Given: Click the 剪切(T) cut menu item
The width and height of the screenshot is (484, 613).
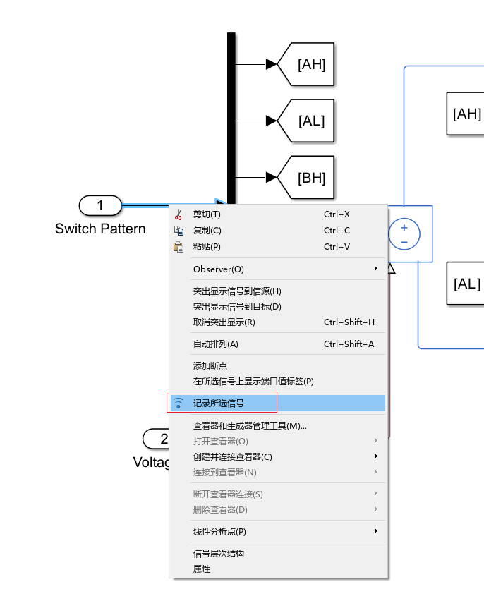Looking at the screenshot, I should click(207, 214).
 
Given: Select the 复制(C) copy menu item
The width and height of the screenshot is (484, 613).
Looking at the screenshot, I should click(207, 231).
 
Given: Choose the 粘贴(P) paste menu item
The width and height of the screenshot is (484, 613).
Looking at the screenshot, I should click(207, 247).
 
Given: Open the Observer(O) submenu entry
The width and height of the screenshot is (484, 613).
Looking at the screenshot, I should click(219, 269).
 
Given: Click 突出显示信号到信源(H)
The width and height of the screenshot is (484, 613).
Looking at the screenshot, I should click(237, 291).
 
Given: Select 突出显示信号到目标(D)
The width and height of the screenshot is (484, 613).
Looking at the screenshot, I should click(237, 307).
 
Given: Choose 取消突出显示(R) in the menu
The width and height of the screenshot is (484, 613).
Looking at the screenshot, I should click(224, 322).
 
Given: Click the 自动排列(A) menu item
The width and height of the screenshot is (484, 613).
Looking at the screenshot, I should click(216, 344).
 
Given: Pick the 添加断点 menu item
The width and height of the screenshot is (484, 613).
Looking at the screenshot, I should click(210, 366).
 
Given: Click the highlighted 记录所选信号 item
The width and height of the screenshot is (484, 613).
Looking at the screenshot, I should click(219, 403).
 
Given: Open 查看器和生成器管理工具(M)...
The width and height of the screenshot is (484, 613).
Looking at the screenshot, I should click(250, 426).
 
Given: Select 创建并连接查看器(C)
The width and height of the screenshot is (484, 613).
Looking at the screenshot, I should click(233, 456).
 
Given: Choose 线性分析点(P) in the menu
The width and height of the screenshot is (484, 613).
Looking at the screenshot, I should click(219, 531).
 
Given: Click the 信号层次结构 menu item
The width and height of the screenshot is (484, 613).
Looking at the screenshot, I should click(219, 554).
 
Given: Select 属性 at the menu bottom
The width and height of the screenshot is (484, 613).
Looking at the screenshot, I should click(202, 569).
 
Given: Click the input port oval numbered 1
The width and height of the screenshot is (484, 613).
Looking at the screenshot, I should click(99, 205).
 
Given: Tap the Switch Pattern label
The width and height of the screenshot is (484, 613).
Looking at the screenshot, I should click(100, 229).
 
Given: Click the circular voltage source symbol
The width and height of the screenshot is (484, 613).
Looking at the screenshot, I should click(404, 233).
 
